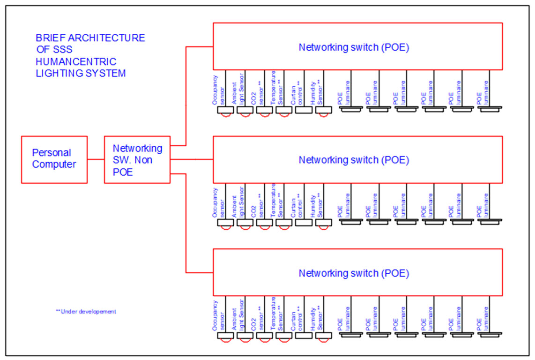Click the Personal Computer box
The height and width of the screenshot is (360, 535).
coord(54,159)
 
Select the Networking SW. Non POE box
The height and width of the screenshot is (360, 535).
coord(137,160)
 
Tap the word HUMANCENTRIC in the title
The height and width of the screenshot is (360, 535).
coord(76,62)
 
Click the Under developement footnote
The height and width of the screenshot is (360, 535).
coord(86,311)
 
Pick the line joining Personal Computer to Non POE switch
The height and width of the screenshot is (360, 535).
coord(96,159)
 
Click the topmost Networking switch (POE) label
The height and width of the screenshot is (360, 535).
coord(354,47)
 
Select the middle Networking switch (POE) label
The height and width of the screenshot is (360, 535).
coord(354,160)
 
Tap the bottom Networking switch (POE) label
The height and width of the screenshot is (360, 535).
coord(354,273)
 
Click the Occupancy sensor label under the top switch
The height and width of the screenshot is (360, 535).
coord(219,90)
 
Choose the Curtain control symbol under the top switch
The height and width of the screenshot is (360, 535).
coord(304,110)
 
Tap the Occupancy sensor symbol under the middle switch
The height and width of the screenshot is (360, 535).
coord(225,223)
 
